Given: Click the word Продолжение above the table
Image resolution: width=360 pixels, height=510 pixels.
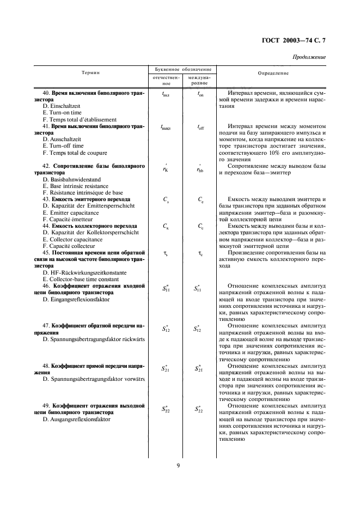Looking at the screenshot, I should (x=309, y=57).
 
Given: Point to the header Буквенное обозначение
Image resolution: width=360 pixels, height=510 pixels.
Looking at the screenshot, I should (x=180, y=70).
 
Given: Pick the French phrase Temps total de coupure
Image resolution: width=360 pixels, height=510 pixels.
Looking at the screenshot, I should (x=75, y=153).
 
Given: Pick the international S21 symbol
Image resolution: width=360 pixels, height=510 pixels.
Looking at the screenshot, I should (x=199, y=368).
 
